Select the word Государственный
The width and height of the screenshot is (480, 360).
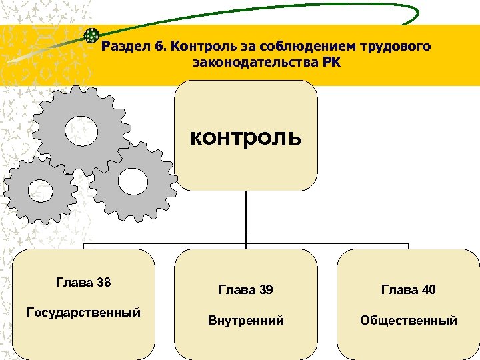click(x=83, y=312)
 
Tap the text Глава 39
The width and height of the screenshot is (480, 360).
click(x=246, y=290)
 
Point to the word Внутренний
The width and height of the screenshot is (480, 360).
click(x=246, y=321)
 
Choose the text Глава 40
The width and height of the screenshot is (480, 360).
click(x=408, y=290)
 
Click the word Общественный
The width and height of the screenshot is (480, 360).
click(x=408, y=321)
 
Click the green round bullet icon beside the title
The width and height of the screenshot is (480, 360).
click(x=92, y=35)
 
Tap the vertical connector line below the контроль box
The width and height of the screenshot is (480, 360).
click(x=246, y=217)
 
